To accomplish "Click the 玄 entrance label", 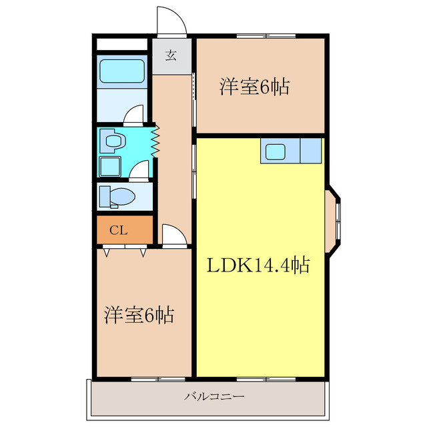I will coord(171,55).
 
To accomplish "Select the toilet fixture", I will coord(116,197).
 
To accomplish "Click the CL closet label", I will coord(118,231).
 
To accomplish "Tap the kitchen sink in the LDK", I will coord(276,151).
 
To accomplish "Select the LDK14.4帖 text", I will coord(256,266).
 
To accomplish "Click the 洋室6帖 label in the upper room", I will coord(254,87).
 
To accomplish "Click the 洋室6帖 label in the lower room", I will coord(138,315).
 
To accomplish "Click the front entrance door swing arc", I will coord(171,20).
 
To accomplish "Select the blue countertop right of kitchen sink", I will coord(311,151).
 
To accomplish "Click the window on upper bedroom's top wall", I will coord(265,35).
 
